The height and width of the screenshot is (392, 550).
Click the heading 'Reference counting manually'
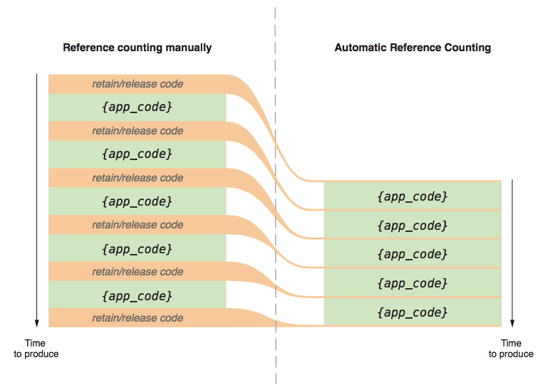(x=137, y=48)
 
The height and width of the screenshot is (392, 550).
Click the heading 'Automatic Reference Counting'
(x=412, y=48)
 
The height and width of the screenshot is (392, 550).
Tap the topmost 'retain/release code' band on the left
(x=137, y=84)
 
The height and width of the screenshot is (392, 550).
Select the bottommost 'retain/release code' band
(x=137, y=318)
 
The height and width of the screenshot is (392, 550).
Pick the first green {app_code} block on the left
(x=137, y=107)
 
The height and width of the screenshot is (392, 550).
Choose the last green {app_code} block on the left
(x=137, y=295)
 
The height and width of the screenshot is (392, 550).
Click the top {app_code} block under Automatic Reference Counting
(x=412, y=196)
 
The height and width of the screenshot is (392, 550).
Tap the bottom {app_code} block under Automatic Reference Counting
(x=412, y=312)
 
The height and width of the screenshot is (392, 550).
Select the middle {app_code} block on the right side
(x=412, y=254)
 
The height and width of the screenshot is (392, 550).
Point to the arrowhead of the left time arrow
(x=36, y=326)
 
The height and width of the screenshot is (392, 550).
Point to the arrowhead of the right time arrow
(x=512, y=326)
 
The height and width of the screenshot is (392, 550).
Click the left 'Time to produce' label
(x=36, y=349)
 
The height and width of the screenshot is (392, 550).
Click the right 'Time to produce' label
(x=511, y=349)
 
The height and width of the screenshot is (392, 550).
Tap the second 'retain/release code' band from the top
(x=137, y=131)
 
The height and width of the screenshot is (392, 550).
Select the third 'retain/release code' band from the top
(x=137, y=178)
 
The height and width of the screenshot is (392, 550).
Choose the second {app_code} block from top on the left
(x=137, y=154)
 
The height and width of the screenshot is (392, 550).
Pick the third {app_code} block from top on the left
(x=137, y=201)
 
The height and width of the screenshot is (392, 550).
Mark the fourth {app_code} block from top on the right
(x=412, y=282)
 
